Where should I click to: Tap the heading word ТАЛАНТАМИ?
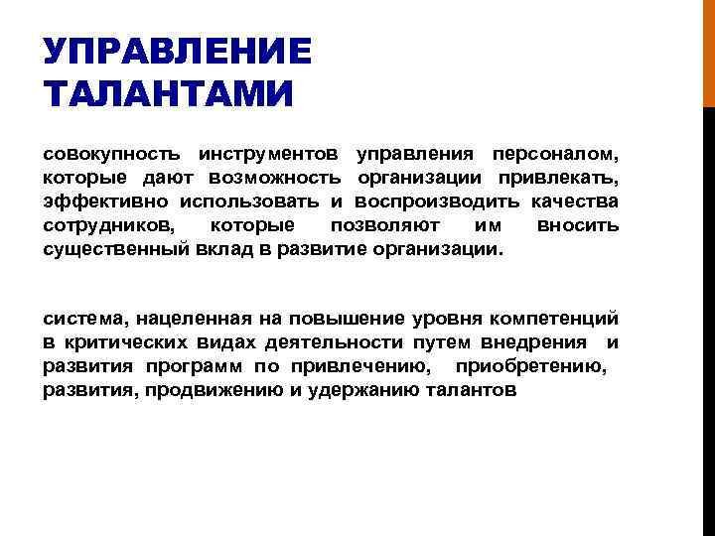point(169,96)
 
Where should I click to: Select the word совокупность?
point(111,155)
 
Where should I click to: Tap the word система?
point(84,320)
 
